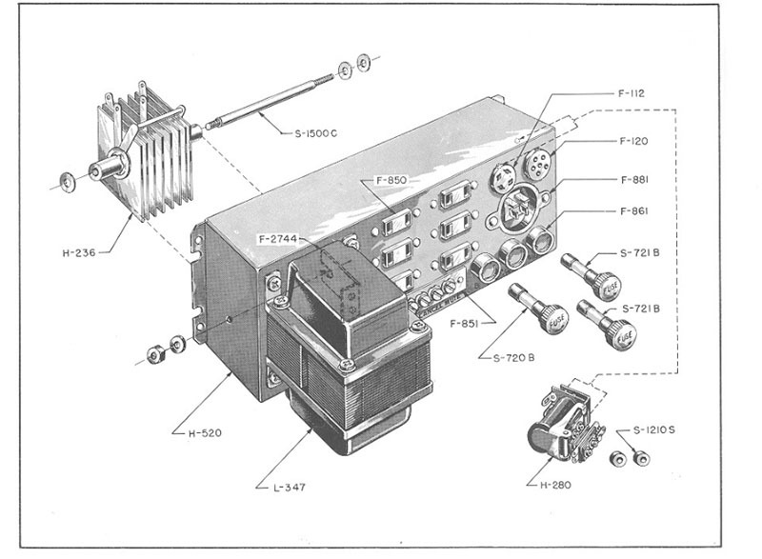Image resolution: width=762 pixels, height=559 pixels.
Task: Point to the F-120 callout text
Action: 634,141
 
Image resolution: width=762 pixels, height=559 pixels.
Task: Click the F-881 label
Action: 634,179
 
